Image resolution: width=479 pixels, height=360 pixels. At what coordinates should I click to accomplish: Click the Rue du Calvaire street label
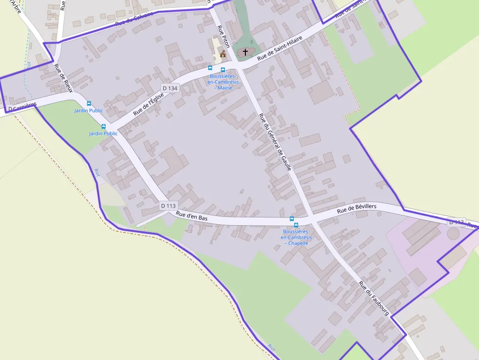tap(134, 19)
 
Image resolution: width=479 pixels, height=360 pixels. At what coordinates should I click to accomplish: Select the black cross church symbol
tap(245, 52)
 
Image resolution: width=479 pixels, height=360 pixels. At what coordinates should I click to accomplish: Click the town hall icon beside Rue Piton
tap(223, 54)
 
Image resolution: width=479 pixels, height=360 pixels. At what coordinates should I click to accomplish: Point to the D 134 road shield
tap(170, 88)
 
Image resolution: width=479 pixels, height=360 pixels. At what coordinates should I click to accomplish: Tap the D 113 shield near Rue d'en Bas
tap(168, 206)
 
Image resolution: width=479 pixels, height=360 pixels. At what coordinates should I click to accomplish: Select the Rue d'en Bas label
tap(192, 216)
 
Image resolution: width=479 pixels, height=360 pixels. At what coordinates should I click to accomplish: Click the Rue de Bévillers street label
tap(357, 209)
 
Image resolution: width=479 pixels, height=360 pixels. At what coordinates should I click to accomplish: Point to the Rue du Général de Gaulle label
tap(275, 142)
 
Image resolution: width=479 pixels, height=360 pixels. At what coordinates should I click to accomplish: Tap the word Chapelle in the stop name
tap(298, 243)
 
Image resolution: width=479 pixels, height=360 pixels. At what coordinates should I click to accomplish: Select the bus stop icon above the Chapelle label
tap(292, 219)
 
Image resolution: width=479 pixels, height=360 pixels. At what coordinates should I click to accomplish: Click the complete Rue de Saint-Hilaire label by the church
tap(280, 47)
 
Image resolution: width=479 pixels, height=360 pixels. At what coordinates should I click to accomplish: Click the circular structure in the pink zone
tap(453, 233)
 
